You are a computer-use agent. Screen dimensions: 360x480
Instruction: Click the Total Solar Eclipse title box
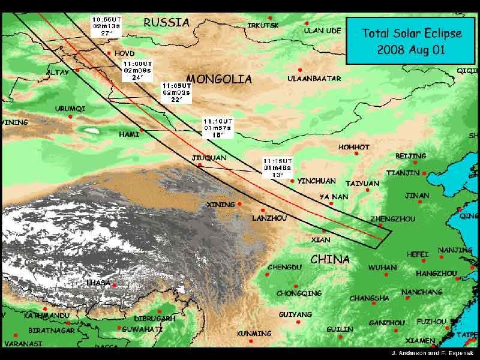pyautogui.click(x=411, y=41)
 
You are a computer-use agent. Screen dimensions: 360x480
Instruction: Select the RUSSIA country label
pyautogui.click(x=166, y=23)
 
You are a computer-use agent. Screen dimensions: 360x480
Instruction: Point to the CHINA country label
pyautogui.click(x=330, y=260)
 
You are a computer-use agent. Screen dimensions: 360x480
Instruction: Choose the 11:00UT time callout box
pyautogui.click(x=133, y=70)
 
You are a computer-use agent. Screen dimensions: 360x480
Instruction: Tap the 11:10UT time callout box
pyautogui.click(x=217, y=128)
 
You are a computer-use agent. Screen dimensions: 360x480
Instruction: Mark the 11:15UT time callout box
pyautogui.click(x=277, y=168)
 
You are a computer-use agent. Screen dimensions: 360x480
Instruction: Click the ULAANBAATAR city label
pyautogui.click(x=314, y=79)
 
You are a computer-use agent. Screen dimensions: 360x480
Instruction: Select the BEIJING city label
pyautogui.click(x=410, y=156)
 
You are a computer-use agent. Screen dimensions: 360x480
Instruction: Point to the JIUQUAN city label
pyautogui.click(x=209, y=158)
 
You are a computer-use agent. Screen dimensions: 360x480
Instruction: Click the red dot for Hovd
pyautogui.click(x=109, y=53)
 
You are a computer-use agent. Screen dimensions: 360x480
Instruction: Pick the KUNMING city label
pyautogui.click(x=254, y=334)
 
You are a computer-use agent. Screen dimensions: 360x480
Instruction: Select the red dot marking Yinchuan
pyautogui.click(x=292, y=181)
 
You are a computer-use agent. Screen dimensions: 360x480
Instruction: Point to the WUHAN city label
pyautogui.click(x=382, y=268)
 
